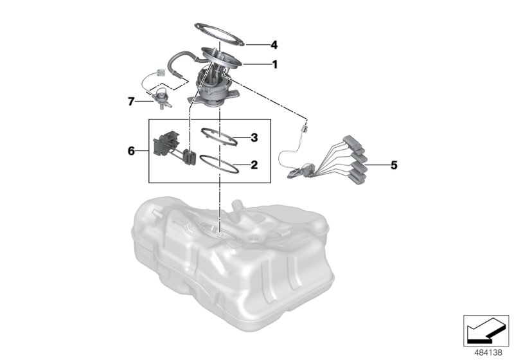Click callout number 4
coord(274,45)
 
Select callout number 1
coord(274,64)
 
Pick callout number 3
coord(254,137)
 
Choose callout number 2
coord(254,165)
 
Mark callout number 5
coord(394,165)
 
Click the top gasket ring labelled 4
coord(222,32)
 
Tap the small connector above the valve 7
coord(159,72)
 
